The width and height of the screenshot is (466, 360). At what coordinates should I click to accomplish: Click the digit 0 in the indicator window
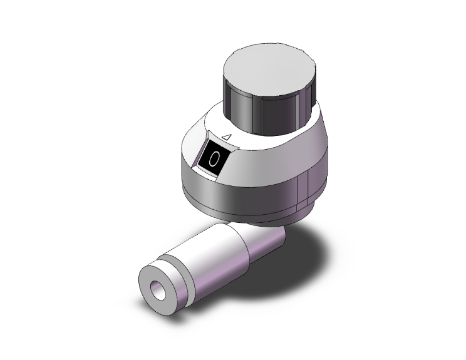click(214, 160)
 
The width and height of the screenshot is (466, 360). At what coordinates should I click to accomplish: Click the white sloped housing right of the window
click(269, 157)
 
